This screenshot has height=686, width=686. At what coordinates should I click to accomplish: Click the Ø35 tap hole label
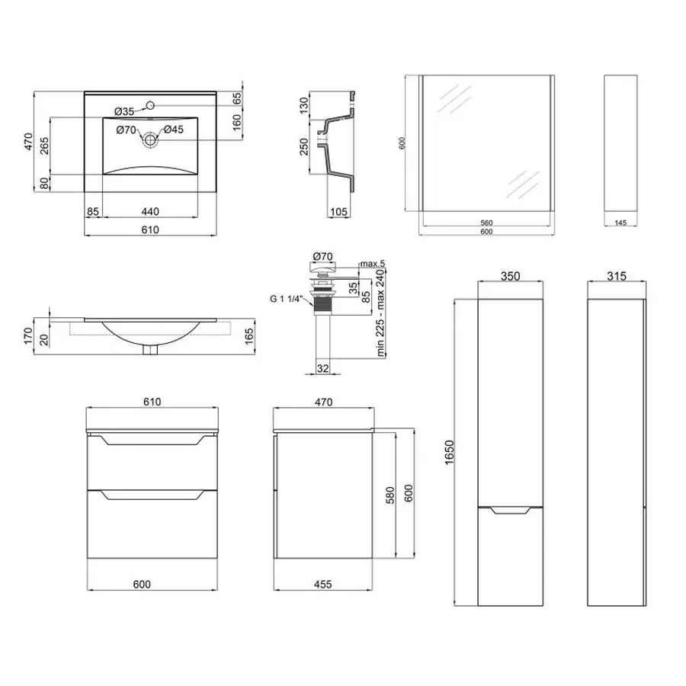pyautogui.click(x=124, y=111)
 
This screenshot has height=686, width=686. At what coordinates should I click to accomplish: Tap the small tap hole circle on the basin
pyautogui.click(x=150, y=105)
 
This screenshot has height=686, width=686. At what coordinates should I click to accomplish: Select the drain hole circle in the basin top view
pyautogui.click(x=150, y=140)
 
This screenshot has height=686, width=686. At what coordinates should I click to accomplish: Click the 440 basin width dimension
pyautogui.click(x=150, y=212)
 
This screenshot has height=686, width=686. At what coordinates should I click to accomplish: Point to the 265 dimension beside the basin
pyautogui.click(x=45, y=146)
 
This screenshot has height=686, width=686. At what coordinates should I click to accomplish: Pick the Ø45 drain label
pyautogui.click(x=174, y=130)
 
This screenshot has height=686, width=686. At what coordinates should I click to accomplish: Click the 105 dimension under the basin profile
pyautogui.click(x=338, y=212)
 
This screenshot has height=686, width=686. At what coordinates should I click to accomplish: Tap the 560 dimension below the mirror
pyautogui.click(x=486, y=223)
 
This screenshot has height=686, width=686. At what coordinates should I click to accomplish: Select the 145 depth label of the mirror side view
pyautogui.click(x=620, y=223)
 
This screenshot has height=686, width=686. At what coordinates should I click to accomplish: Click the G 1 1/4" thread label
pyautogui.click(x=286, y=299)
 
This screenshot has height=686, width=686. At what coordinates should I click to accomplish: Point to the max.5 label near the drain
pyautogui.click(x=372, y=264)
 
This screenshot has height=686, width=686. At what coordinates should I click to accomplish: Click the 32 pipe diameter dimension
pyautogui.click(x=323, y=369)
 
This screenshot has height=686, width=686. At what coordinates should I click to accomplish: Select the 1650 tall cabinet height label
pyautogui.click(x=449, y=452)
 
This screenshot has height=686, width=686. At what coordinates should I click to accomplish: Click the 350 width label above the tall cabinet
pyautogui.click(x=510, y=277)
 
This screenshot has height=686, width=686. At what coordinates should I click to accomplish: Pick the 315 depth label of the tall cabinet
pyautogui.click(x=617, y=276)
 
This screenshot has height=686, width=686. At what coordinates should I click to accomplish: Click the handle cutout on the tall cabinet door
pyautogui.click(x=510, y=510)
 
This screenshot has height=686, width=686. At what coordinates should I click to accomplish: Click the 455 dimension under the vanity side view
pyautogui.click(x=323, y=584)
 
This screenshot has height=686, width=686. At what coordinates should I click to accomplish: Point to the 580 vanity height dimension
pyautogui.click(x=390, y=495)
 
